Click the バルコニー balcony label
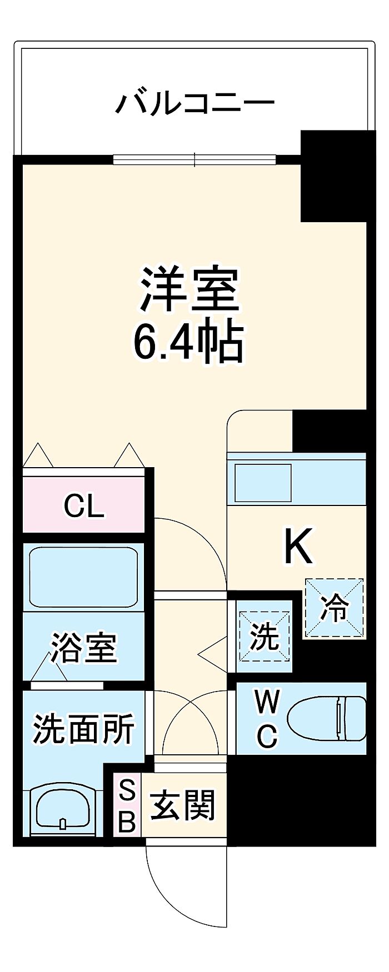[195, 103]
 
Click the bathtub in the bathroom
[83, 578]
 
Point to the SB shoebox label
[127, 805]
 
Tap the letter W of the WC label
[267, 703]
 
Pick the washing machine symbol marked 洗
[265, 636]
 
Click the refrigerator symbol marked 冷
[334, 608]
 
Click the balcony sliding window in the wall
[194, 160]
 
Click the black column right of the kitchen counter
[330, 431]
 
